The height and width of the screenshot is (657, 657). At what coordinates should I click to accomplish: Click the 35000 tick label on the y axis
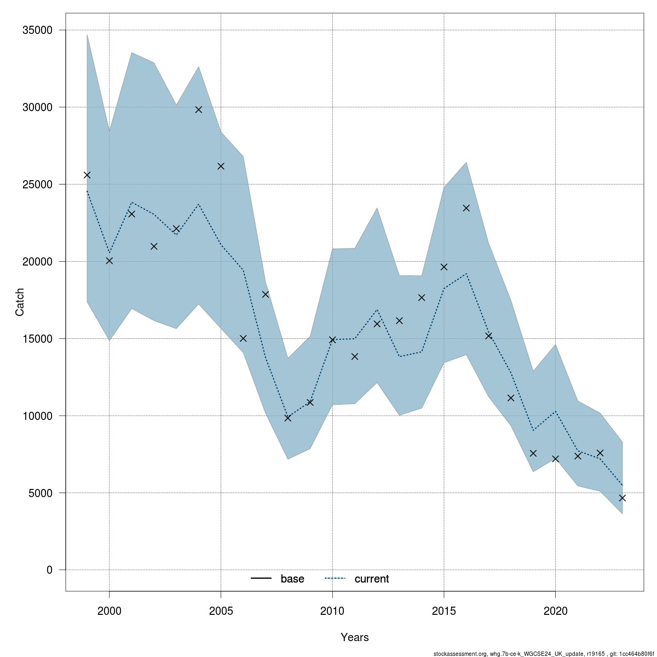point(38,30)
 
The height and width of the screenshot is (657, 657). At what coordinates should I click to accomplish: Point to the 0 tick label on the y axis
point(49,570)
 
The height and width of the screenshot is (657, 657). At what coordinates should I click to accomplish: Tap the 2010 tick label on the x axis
point(332,610)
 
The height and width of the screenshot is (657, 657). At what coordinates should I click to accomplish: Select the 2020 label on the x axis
point(555,610)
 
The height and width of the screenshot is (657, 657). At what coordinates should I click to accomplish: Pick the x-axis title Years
point(354,637)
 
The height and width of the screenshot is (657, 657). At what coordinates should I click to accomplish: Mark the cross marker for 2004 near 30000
point(199,109)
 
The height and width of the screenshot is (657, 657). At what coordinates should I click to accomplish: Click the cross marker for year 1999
point(87,175)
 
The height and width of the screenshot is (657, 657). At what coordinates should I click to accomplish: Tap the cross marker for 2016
point(466,208)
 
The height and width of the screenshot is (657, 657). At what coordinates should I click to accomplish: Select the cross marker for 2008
point(288,418)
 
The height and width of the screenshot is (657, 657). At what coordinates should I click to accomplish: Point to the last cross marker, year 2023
point(622,498)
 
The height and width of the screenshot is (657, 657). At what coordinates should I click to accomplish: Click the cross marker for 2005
point(221,166)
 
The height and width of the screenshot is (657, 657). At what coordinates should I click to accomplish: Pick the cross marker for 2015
point(444,267)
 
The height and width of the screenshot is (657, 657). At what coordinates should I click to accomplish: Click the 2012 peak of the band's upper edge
point(377,208)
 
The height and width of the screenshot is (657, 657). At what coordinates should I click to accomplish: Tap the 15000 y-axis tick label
point(38,339)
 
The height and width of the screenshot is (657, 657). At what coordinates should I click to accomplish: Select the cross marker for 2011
point(355,356)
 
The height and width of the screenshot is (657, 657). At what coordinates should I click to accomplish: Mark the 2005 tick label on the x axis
point(221,610)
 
